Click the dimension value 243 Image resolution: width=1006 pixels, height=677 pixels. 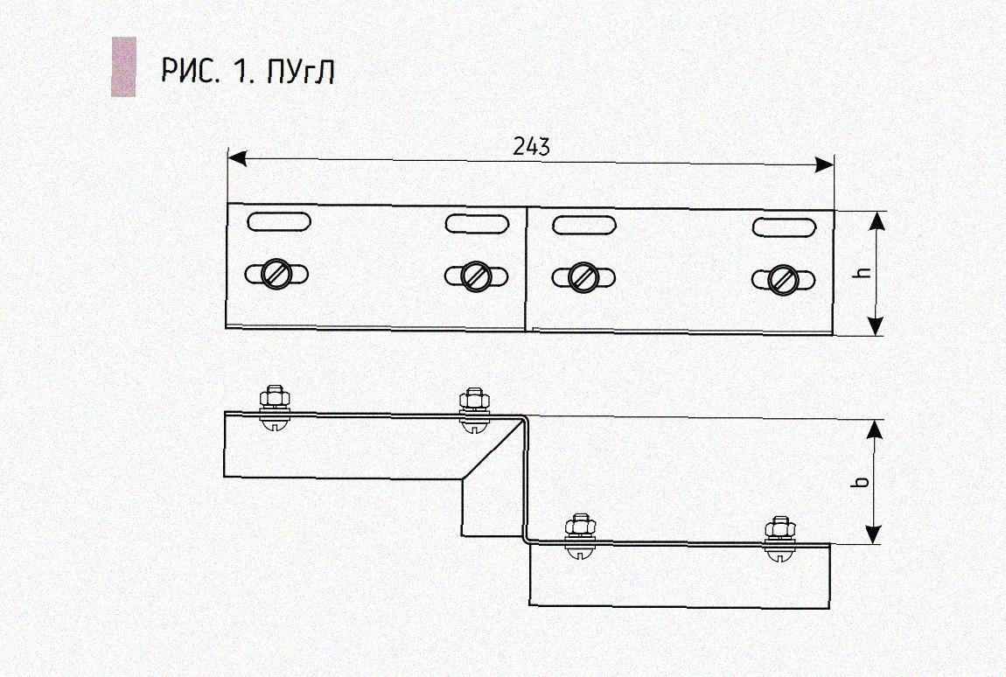tap(531, 147)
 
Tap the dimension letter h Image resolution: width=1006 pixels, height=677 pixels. tap(864, 271)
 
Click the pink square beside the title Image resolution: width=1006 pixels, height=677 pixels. tap(124, 66)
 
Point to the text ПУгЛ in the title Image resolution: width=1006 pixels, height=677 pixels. tap(301, 71)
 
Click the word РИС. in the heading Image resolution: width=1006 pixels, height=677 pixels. tap(191, 71)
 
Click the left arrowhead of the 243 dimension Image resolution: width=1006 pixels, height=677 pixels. tap(237, 157)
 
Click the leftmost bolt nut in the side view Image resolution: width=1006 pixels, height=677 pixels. tap(275, 397)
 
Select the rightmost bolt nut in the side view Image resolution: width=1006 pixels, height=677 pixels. tap(780, 529)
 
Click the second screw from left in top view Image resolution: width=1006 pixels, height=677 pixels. tap(476, 276)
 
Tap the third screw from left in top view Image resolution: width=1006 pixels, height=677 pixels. tap(583, 277)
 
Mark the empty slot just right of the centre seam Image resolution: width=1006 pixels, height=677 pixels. tap(583, 225)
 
